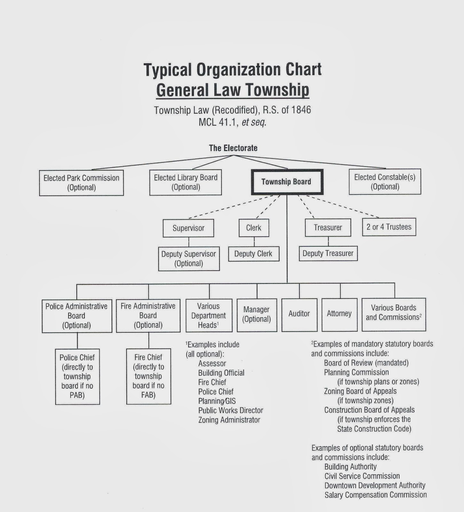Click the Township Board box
(x=287, y=182)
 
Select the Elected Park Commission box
(x=81, y=183)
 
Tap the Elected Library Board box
(x=185, y=182)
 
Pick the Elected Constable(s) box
(x=385, y=182)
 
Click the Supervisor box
(x=188, y=228)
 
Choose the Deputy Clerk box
(x=253, y=254)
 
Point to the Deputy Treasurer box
(x=328, y=253)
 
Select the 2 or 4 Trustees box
(x=389, y=227)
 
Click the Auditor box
(x=299, y=314)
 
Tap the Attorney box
(x=339, y=314)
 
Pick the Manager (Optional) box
(x=257, y=315)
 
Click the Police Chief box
(x=77, y=376)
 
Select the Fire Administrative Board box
(x=148, y=316)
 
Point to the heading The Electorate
(x=233, y=148)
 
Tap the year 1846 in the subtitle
(x=301, y=110)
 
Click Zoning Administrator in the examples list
(x=229, y=420)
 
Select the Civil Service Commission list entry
(x=362, y=476)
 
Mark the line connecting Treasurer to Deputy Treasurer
(x=328, y=241)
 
